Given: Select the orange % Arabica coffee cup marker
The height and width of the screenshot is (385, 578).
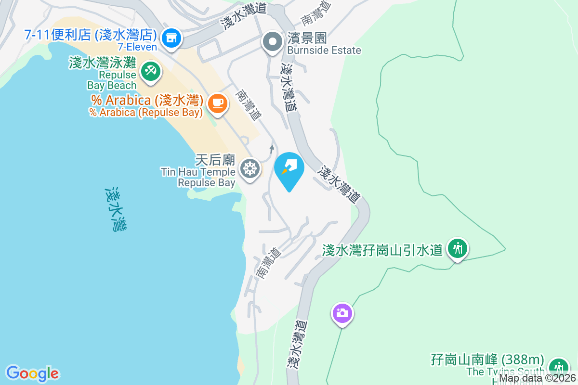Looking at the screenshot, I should click(217, 103).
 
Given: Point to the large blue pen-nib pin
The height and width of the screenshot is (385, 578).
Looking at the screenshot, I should click(289, 169).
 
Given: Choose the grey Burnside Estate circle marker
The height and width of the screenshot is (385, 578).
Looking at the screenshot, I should click(273, 41).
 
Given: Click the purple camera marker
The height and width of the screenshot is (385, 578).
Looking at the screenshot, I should click(342, 313).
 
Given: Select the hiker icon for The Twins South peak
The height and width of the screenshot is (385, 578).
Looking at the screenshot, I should click(558, 367).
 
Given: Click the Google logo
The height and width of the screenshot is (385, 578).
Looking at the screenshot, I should click(32, 373).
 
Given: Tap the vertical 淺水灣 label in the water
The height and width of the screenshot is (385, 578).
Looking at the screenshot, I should click(116, 210).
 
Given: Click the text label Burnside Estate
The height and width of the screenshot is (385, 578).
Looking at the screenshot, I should click(324, 50).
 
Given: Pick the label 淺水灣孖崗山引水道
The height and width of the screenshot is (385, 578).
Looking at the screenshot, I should click(382, 250).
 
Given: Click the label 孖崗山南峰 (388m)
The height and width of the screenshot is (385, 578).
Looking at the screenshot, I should click(487, 360).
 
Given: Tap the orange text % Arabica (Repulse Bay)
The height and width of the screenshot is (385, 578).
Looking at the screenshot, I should click(145, 113).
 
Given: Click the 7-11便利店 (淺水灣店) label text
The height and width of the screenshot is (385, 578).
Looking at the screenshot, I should click(91, 35).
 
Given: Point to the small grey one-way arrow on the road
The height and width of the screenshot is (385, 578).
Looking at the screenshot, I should click(272, 149).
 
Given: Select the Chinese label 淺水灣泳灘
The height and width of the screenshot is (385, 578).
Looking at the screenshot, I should click(103, 63).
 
